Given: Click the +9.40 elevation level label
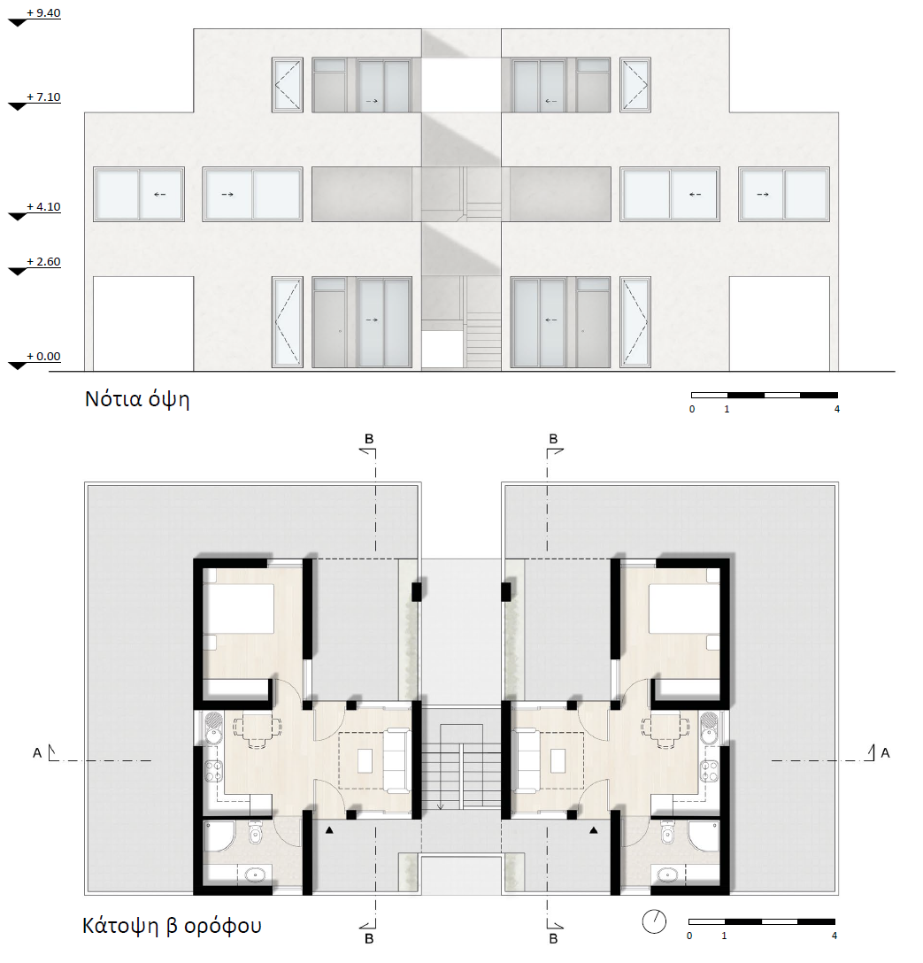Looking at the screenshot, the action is click(43, 13).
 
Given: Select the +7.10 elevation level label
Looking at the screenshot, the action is click(43, 97).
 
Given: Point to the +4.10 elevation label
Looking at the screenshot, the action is click(43, 207).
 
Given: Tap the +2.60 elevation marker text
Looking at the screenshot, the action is click(43, 262).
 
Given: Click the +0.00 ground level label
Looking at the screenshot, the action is click(43, 356).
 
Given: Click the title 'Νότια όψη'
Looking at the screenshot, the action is click(137, 400).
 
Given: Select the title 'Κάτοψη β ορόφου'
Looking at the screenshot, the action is click(172, 926).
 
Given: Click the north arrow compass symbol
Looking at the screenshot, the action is click(654, 921).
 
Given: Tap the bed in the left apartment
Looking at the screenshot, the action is click(239, 609).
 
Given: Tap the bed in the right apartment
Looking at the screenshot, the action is click(684, 609).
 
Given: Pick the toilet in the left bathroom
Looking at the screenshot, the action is click(256, 835).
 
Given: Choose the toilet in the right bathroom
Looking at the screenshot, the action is click(667, 835).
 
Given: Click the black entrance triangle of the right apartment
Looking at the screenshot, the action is click(594, 830).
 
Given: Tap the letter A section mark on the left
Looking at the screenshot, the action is click(37, 752).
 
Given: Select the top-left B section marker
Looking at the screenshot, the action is click(369, 439).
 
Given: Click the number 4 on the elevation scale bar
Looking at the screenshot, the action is click(837, 409).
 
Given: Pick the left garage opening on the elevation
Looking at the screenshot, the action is click(143, 324).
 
